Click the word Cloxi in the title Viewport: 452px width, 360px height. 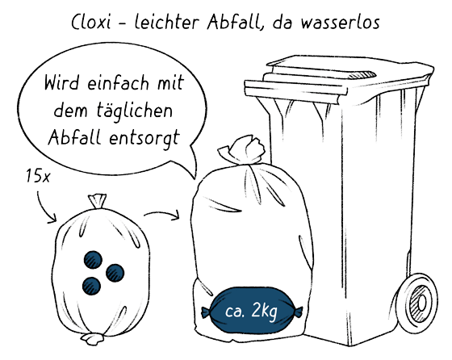point(90,22)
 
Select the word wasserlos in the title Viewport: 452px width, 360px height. point(341,22)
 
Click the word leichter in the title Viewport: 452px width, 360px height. point(167,22)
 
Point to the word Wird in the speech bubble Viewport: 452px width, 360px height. point(61,82)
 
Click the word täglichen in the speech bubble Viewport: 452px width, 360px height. point(134,111)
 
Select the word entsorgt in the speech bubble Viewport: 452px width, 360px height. point(144,138)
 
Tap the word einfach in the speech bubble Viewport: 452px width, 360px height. point(118,82)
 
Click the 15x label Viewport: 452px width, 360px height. point(38,176)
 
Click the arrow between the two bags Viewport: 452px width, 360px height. point(162,215)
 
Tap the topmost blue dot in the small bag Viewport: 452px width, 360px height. point(93,260)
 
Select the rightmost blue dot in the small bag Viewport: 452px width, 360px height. point(115,273)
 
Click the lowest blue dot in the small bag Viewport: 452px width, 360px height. point(91,286)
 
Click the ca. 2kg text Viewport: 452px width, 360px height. point(251,311)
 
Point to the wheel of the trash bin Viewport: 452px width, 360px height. point(417,303)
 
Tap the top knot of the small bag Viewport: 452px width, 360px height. point(97,201)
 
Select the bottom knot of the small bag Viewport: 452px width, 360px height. point(92,338)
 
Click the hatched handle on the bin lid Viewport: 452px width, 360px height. point(362,75)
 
